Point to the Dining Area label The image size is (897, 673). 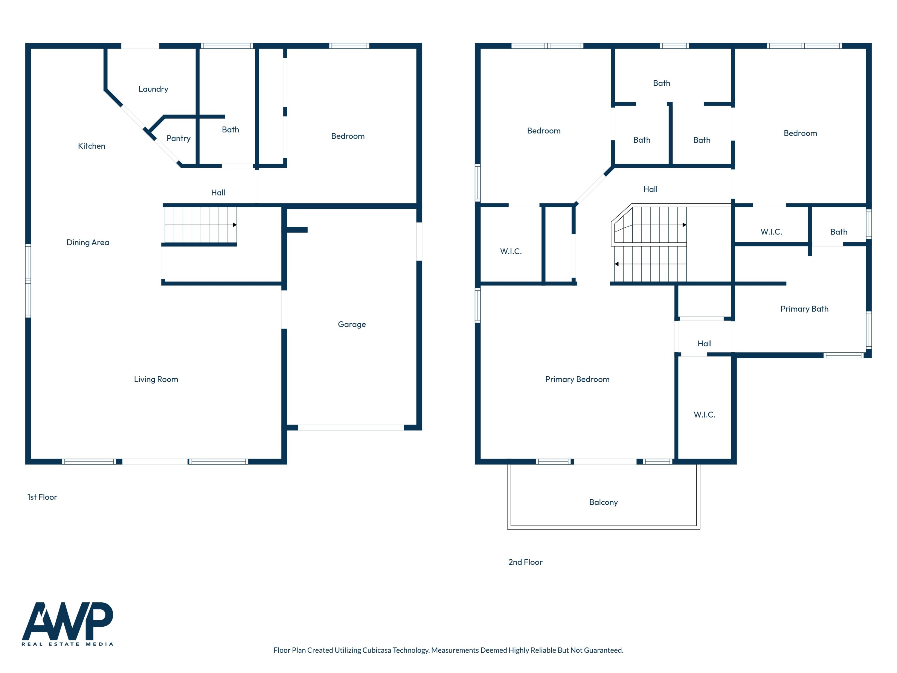point(88,242)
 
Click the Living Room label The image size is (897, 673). point(156,379)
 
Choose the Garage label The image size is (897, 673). point(352,324)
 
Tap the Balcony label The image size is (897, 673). point(603,502)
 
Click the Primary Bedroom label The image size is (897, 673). point(577,379)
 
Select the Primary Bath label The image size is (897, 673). point(804,309)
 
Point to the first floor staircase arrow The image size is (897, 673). point(234,225)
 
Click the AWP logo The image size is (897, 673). point(67,623)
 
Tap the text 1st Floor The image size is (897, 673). point(42,497)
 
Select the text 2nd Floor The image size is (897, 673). point(525,562)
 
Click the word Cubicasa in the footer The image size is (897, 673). point(377,650)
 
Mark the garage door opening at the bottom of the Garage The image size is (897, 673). point(351,427)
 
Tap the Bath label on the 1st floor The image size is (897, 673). point(230,130)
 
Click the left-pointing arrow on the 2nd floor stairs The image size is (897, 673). point(616,264)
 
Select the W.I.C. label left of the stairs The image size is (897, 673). point(511,252)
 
